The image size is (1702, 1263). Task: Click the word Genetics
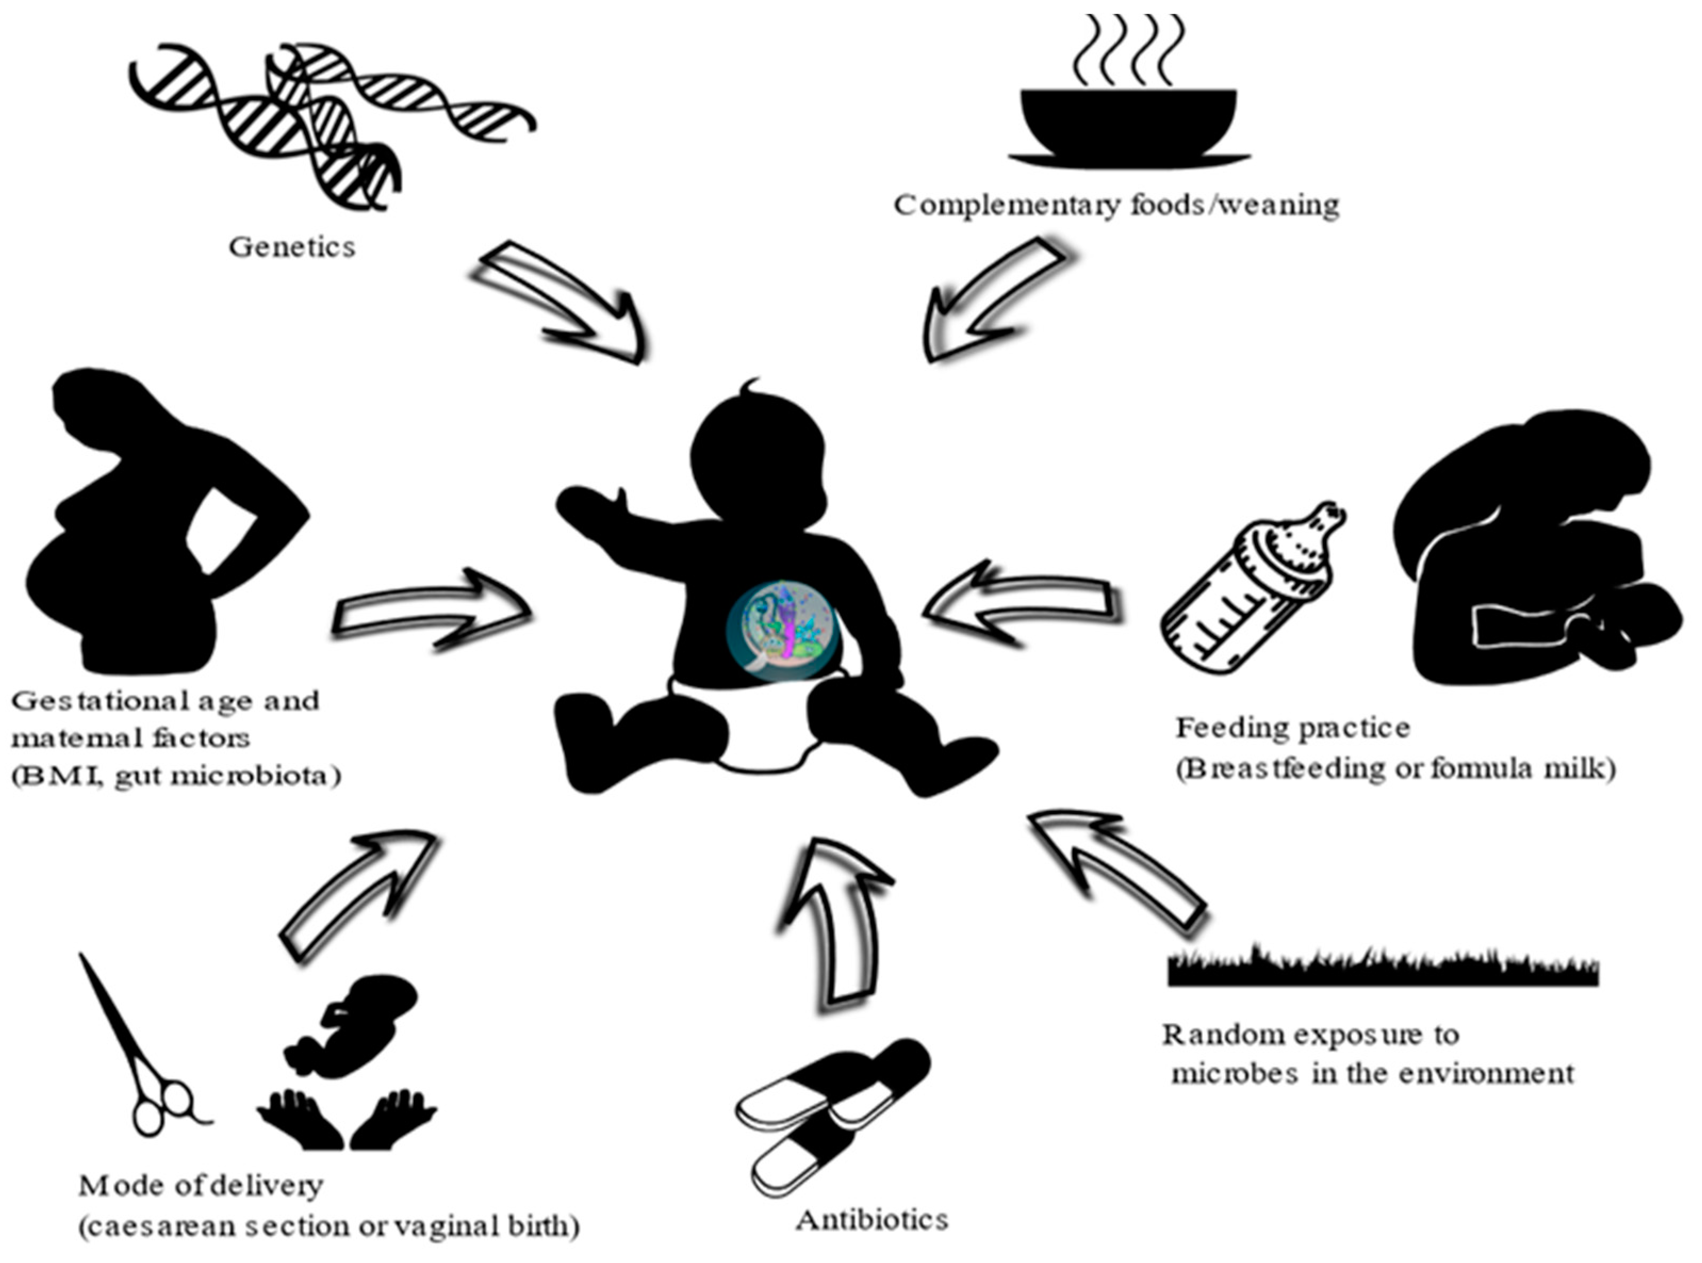point(292,247)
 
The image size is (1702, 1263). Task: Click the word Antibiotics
point(871,1219)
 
